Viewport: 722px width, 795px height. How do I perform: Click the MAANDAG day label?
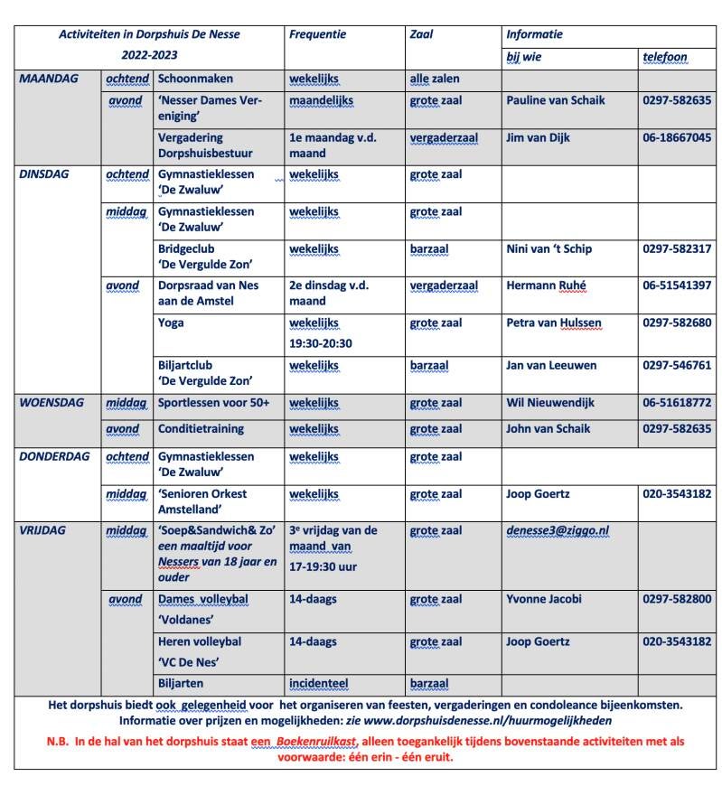49,79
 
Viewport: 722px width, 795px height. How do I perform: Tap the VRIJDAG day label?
46,530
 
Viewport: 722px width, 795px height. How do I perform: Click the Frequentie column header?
317,35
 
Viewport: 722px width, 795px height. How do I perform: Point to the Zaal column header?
421,35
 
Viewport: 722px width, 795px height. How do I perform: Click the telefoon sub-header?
664,57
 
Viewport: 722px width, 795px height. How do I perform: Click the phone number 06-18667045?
677,138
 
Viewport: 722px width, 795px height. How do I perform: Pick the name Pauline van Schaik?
555,100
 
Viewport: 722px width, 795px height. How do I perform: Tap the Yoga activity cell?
171,323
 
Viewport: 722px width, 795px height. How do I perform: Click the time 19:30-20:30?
320,343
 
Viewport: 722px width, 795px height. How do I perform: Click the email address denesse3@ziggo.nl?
558,531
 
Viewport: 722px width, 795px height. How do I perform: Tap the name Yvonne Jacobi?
544,599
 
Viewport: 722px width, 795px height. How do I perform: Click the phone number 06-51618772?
677,403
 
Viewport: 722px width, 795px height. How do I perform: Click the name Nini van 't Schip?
549,248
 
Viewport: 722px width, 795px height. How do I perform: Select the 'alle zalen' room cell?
434,79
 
